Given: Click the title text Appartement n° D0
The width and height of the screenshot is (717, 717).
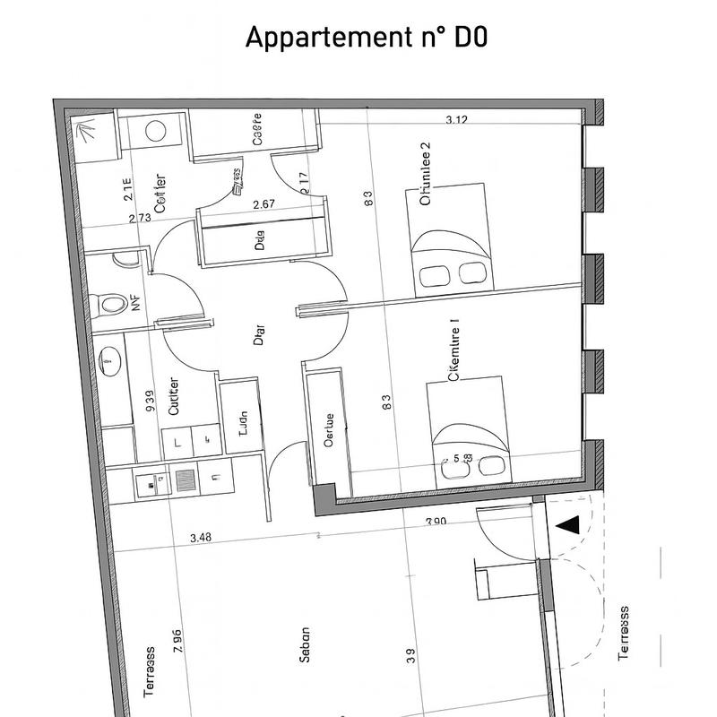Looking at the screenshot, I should click(367, 39).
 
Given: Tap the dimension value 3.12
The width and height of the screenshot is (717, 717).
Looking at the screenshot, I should click(457, 120).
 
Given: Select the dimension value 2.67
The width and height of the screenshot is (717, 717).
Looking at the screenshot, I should click(263, 204).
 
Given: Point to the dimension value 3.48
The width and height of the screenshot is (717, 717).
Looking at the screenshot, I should click(202, 538).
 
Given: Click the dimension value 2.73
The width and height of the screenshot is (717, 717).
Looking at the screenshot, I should click(140, 218).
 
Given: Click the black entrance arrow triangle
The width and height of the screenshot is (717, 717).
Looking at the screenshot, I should click(568, 525).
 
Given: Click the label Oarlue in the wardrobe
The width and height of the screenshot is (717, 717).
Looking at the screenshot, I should click(329, 430).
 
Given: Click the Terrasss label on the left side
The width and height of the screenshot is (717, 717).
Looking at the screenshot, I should click(149, 672).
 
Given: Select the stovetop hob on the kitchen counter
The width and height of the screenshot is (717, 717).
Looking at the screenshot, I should click(186, 480).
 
